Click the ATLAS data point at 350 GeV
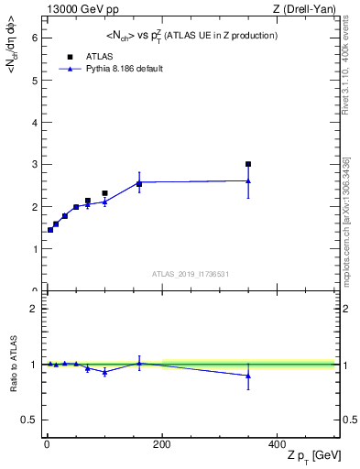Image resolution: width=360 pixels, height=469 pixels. click(x=248, y=165)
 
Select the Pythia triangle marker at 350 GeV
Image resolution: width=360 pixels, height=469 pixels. click(x=248, y=180)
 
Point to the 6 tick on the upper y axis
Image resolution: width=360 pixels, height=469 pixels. click(x=33, y=38)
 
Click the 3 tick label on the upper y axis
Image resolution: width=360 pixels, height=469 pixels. click(x=33, y=165)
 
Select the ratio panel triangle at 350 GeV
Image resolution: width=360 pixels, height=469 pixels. click(x=248, y=376)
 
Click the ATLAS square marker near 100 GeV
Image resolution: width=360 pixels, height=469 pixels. click(x=104, y=193)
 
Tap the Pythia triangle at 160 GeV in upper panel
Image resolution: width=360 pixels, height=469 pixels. click(x=139, y=184)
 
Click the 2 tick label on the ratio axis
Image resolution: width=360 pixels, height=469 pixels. click(x=33, y=309)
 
